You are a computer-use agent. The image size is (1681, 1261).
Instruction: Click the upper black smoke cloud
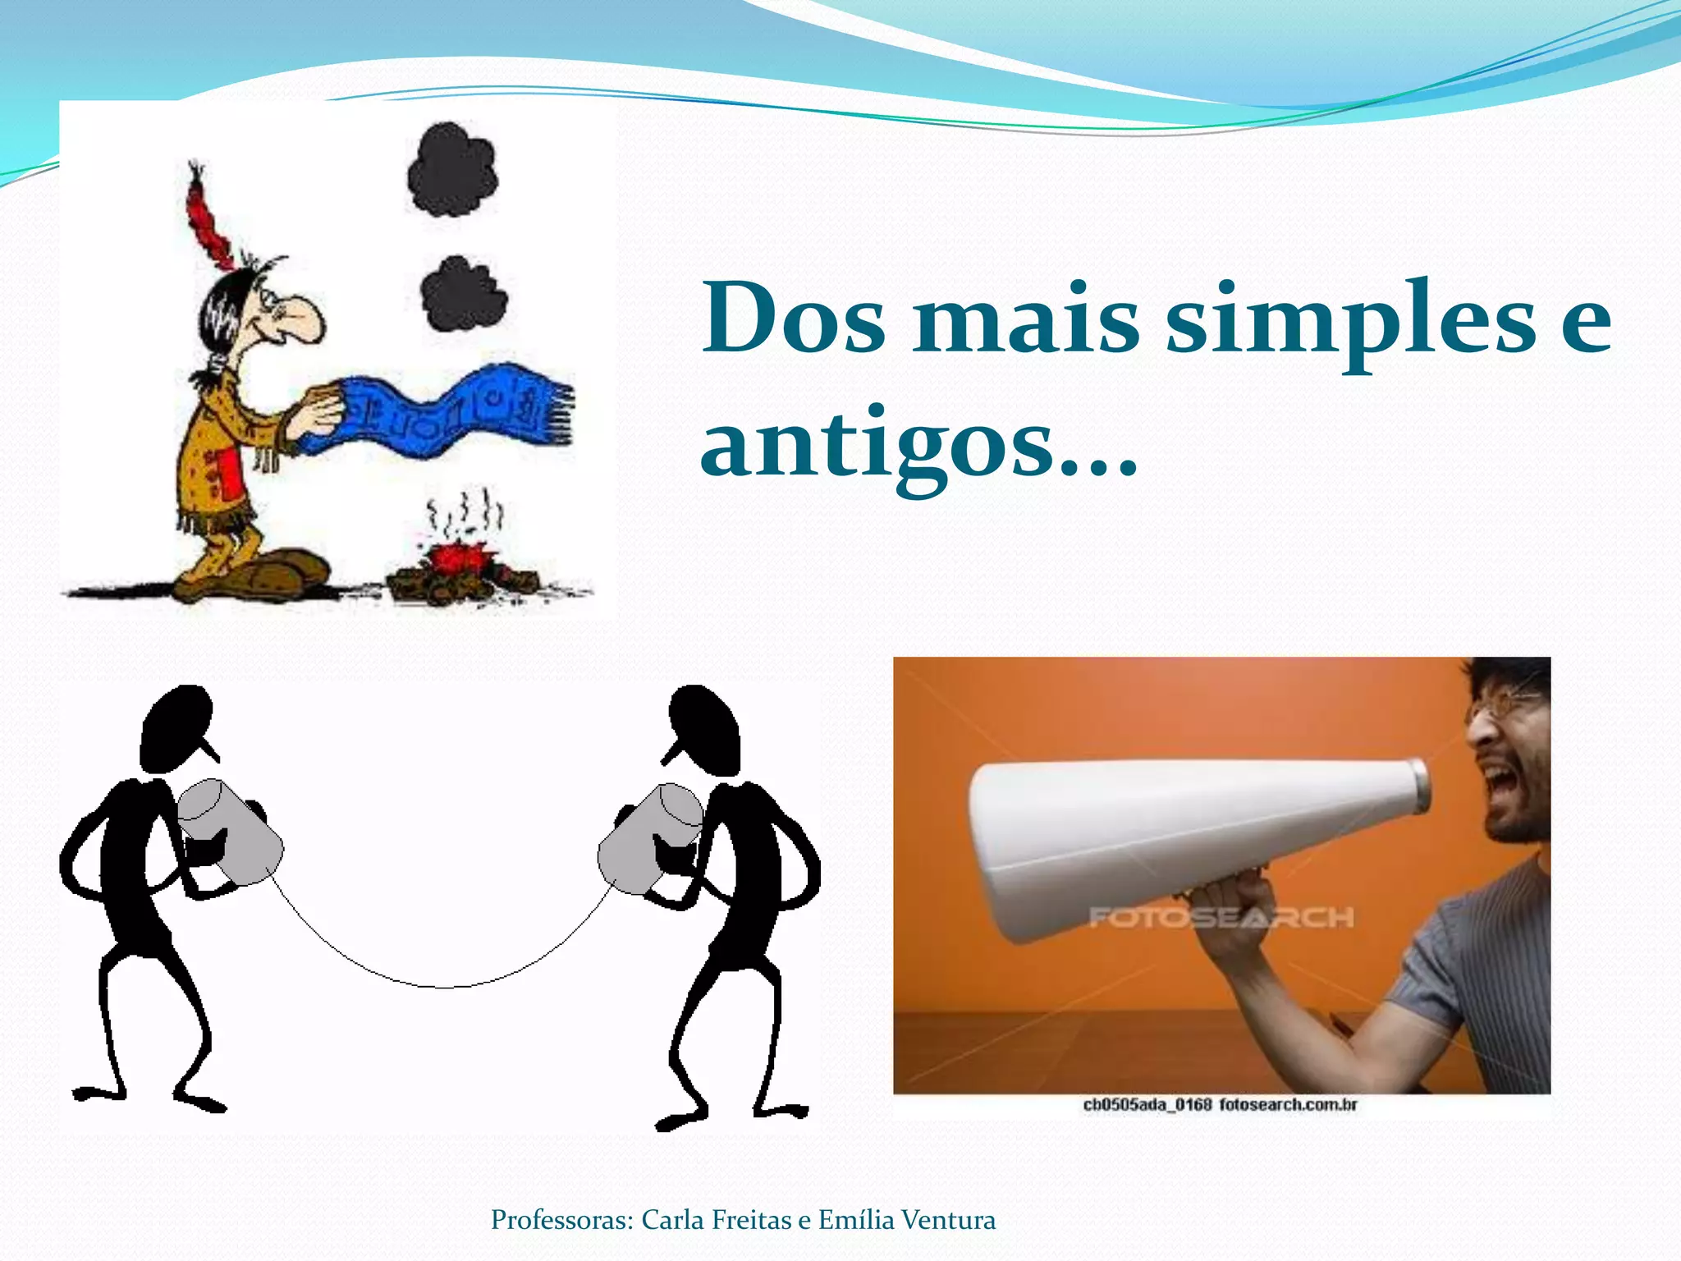452,171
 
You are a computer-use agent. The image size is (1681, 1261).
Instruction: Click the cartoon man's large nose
303,319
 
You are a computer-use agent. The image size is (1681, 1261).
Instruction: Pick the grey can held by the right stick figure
648,837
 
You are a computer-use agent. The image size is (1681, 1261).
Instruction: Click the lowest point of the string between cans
444,986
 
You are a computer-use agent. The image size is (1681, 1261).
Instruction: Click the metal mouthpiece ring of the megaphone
1419,786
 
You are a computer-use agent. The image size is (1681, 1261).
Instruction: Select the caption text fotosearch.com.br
1287,1105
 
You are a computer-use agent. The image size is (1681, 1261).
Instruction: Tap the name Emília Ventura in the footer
906,1220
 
